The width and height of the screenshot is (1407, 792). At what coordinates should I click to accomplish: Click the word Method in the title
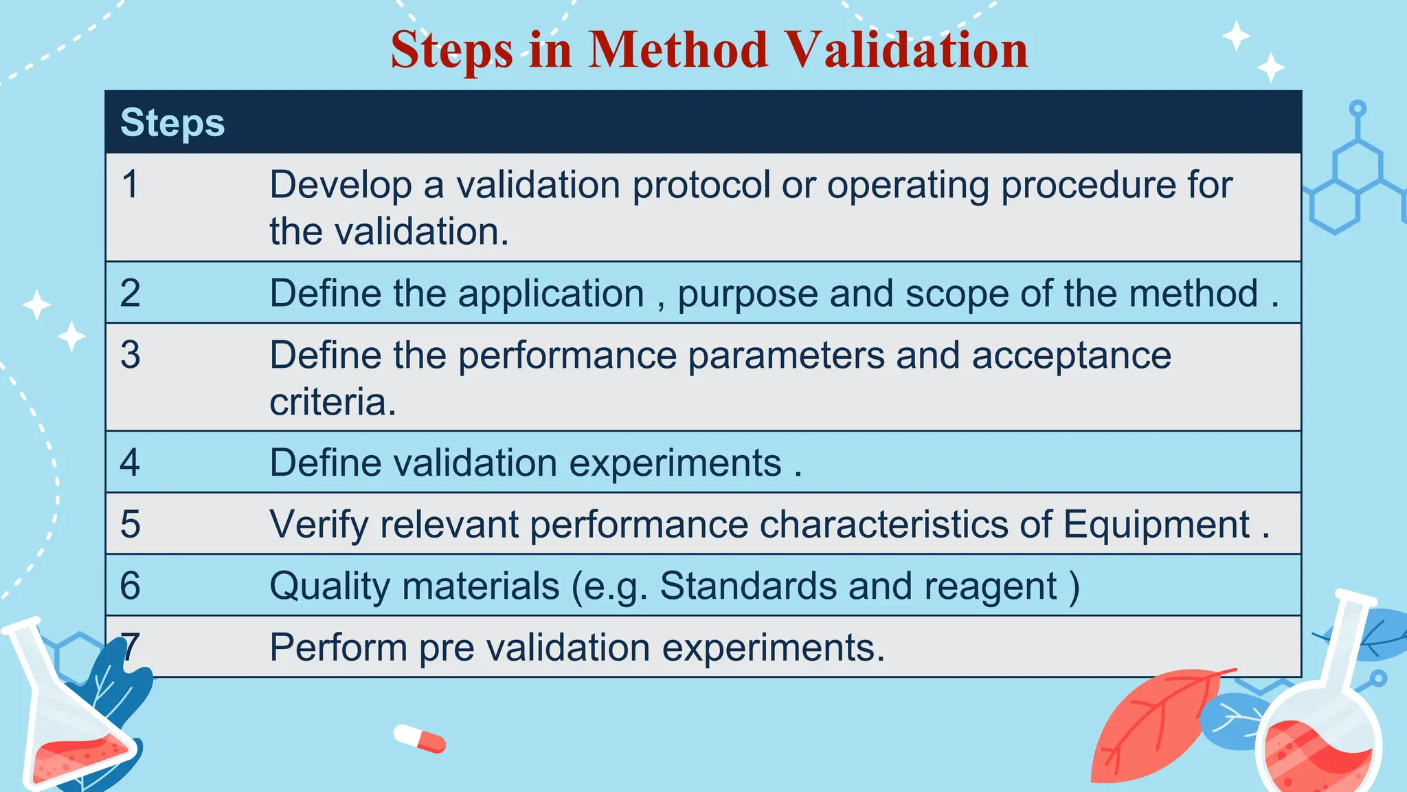(677, 50)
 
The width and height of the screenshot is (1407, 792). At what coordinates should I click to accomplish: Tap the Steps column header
(172, 123)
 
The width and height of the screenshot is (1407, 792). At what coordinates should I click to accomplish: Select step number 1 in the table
(130, 185)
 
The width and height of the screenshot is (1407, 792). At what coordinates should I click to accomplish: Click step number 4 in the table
(130, 463)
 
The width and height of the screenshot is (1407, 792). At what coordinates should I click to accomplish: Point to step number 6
(130, 586)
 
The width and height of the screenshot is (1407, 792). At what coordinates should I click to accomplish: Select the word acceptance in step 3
(1071, 355)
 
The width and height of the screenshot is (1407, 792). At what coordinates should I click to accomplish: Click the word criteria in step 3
(332, 401)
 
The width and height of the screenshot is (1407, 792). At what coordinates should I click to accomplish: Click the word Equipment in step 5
(1156, 525)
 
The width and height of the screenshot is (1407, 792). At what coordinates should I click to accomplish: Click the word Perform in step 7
(338, 648)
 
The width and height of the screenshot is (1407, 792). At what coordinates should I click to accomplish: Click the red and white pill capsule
(420, 738)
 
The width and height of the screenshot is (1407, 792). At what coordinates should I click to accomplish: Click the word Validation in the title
(906, 50)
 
